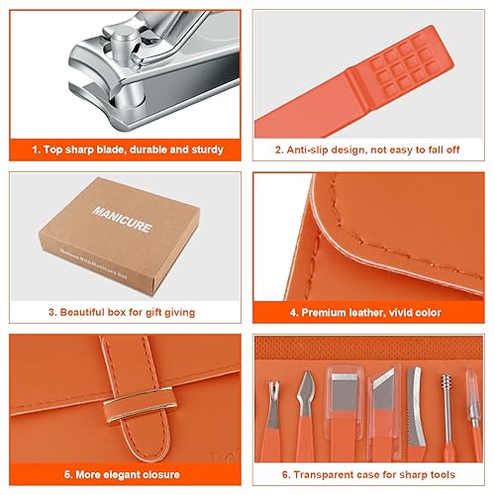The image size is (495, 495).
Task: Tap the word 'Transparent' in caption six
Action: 317,474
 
